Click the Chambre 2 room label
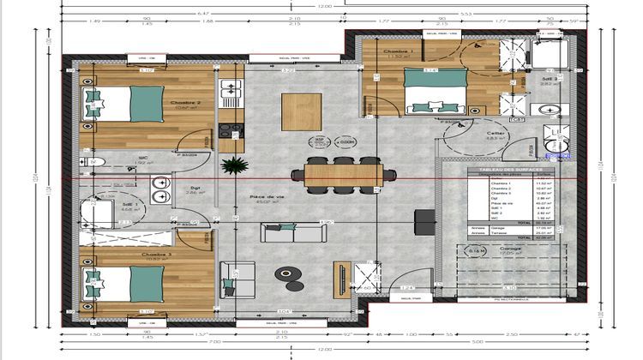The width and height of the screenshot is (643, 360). tap(185, 103)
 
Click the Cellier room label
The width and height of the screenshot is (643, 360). tap(472, 134)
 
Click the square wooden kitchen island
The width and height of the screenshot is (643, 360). tap(301, 111)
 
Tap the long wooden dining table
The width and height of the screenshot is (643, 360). tap(342, 175)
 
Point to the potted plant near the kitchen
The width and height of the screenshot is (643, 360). tap(230, 165)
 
